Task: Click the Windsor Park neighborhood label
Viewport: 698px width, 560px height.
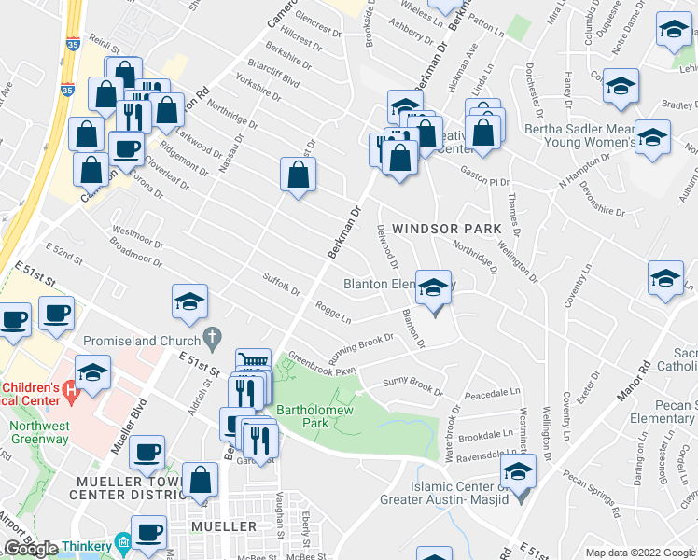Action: point(446,229)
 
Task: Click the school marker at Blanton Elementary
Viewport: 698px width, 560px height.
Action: point(433,289)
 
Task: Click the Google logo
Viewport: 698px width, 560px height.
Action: point(31,549)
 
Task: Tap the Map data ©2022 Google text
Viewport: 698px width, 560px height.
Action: point(639,553)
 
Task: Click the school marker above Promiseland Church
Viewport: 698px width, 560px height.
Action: point(189,302)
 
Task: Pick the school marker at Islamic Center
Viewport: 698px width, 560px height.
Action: point(518,471)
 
